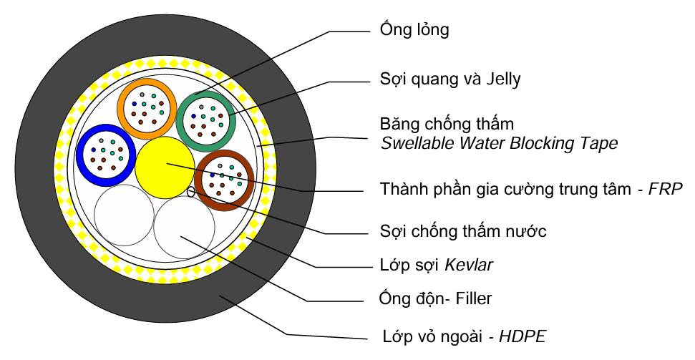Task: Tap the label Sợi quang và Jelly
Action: [x=449, y=79]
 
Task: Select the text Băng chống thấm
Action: [x=447, y=125]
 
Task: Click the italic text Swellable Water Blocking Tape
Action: [x=498, y=143]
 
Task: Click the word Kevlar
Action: [x=469, y=266]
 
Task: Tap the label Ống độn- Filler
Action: [x=435, y=298]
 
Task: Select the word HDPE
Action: [x=524, y=335]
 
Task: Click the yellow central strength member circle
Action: [x=165, y=169]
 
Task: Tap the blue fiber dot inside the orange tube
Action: [x=133, y=104]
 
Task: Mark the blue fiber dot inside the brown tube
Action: [x=212, y=175]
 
